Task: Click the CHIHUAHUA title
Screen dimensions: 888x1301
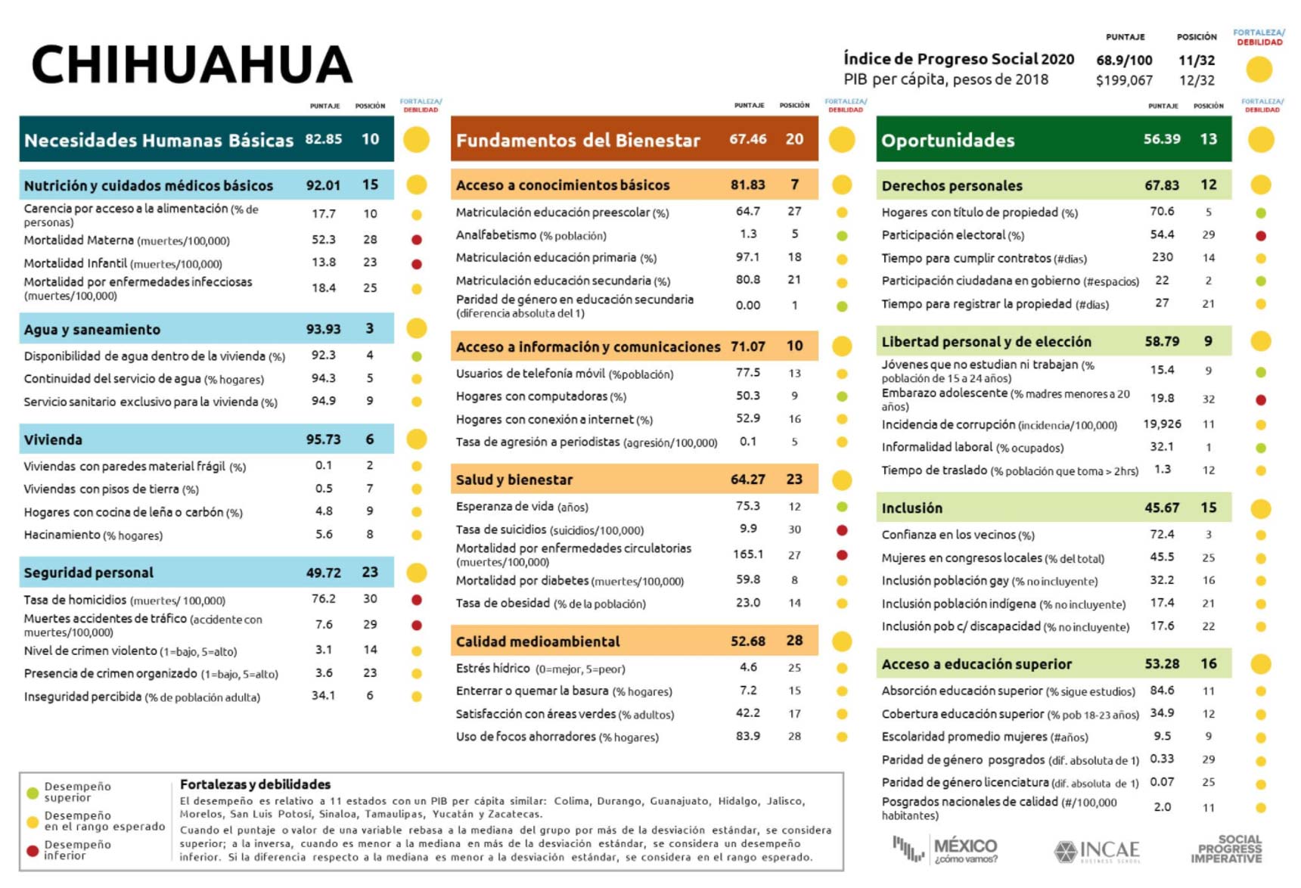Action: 192,64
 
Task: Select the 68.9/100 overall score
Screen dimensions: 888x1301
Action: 1124,61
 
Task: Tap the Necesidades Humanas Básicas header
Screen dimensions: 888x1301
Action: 159,140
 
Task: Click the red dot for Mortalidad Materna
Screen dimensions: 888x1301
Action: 416,240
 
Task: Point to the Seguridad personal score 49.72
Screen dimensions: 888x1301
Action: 323,573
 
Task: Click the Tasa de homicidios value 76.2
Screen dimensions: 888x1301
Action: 323,599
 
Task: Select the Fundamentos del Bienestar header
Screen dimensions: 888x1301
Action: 578,140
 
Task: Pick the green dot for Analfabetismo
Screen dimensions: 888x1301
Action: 842,236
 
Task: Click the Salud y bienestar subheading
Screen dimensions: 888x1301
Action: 514,480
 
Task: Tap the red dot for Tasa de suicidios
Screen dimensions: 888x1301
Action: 842,530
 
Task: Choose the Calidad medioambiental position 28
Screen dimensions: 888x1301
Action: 794,641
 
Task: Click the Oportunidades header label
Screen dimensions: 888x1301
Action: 948,140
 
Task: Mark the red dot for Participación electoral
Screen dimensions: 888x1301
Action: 1261,236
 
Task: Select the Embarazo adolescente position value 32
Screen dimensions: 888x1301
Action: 1209,399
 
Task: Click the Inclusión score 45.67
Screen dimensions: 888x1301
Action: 1161,508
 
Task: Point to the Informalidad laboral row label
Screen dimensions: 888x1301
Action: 972,448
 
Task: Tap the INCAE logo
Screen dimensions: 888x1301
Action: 1097,851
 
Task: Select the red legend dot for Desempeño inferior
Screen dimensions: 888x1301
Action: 33,851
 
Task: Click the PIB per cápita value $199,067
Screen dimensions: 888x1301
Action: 1124,80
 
